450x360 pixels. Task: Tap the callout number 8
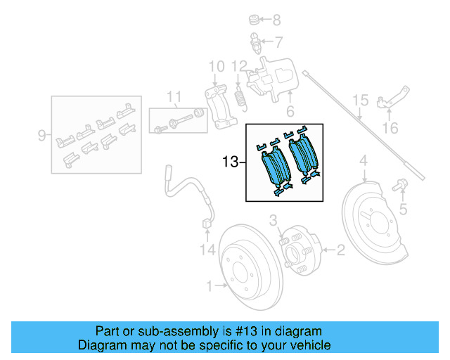276,20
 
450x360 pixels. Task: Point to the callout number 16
390,128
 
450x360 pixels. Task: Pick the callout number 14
206,249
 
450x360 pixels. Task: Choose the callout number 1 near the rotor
210,285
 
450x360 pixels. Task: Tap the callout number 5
403,209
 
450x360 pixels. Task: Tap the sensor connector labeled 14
206,225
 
